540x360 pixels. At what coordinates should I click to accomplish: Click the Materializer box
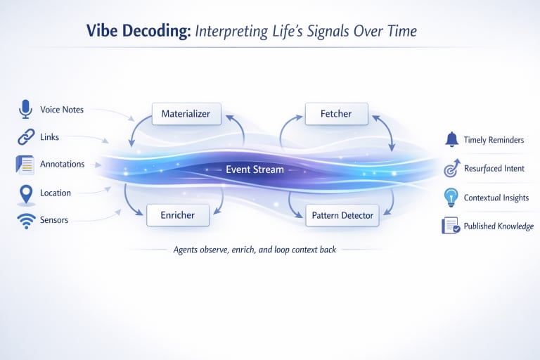186,114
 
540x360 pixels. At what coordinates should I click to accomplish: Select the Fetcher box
337,114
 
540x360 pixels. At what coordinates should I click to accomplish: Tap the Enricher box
177,214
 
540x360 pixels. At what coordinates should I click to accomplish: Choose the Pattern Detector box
342,214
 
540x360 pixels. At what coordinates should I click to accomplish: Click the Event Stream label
255,169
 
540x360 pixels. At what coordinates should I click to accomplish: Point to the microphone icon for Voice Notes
26,109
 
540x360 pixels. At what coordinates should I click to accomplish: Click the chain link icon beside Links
26,137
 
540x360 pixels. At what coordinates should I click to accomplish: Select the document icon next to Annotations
25,165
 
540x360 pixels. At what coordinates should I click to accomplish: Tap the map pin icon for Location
26,193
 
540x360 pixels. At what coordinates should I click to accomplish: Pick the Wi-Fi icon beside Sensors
26,221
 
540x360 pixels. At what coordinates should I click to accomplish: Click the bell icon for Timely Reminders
451,139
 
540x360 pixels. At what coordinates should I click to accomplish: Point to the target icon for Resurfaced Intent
451,169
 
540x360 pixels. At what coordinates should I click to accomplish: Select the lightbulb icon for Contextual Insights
451,198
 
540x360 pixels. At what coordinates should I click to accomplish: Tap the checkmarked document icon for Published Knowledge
450,226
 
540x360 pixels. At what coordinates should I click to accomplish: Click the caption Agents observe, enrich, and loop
255,250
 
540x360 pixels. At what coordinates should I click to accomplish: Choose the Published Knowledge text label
499,226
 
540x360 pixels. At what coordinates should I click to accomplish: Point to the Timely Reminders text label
494,140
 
